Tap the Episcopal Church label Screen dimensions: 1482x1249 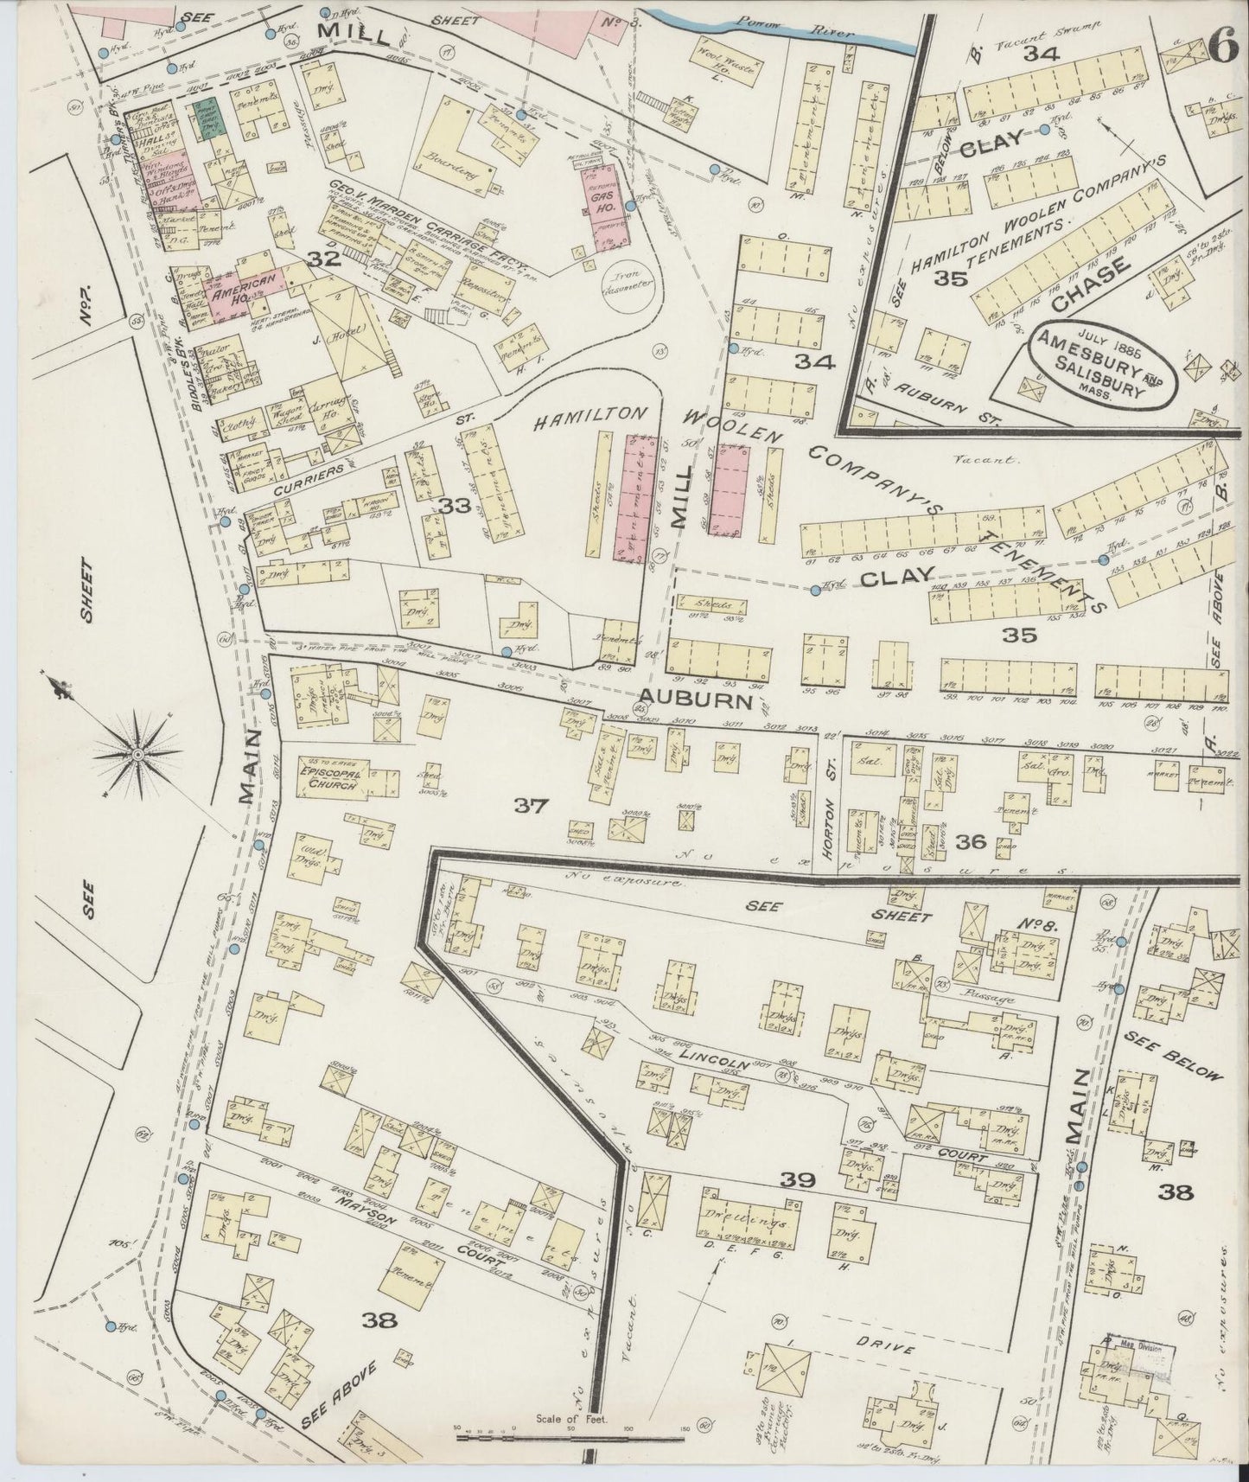point(330,776)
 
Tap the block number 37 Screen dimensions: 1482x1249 point(532,806)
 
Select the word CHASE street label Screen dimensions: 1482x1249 point(1092,283)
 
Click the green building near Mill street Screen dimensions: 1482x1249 point(207,119)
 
